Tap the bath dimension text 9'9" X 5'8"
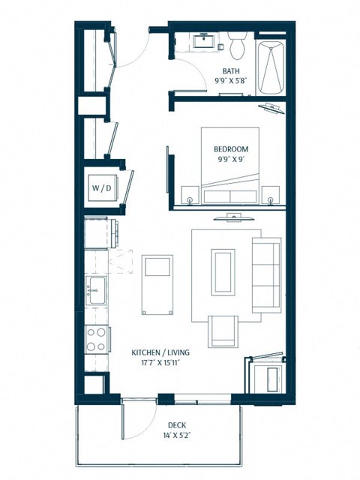click(x=230, y=80)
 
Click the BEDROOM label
click(x=230, y=149)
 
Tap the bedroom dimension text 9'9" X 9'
click(x=230, y=160)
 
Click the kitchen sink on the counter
click(x=95, y=289)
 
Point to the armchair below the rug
click(x=223, y=331)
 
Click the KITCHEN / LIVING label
click(x=158, y=352)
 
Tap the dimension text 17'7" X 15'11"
click(x=158, y=363)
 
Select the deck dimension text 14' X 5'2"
click(x=157, y=436)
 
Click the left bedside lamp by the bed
click(x=190, y=199)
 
